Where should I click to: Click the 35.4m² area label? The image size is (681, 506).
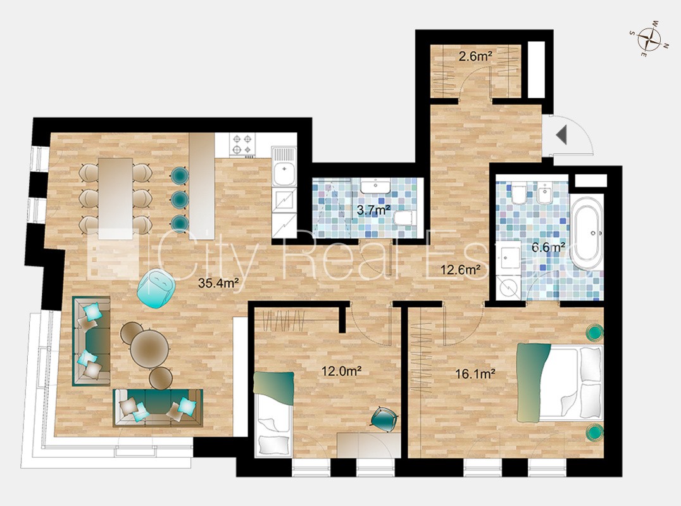coord(218,283)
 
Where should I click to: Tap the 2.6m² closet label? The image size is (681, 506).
coord(475,56)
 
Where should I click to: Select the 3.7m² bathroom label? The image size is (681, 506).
coord(373,211)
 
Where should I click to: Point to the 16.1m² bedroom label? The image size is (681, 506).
coord(475,374)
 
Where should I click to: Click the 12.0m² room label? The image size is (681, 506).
coord(342,371)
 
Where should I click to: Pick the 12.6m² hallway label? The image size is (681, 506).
coord(460,270)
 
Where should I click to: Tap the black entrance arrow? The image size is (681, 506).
coord(561,135)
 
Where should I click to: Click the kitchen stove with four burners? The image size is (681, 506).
coord(242,145)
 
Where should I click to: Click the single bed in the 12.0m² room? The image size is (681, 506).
coord(273,414)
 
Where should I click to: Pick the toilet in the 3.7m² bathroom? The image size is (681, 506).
coord(405,218)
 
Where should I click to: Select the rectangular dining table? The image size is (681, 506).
coord(115,199)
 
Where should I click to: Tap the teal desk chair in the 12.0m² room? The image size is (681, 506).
coord(385,419)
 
